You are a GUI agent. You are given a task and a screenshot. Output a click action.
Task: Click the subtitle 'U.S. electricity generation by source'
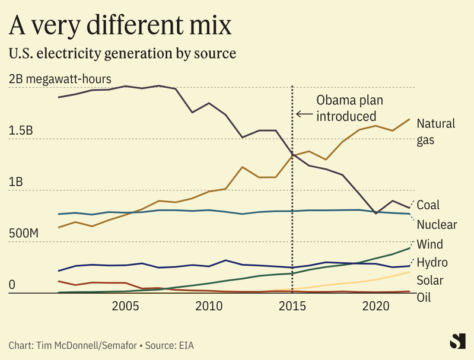pyautogui.click(x=122, y=53)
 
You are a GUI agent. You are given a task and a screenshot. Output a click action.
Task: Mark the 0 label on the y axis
pyautogui.click(x=12, y=285)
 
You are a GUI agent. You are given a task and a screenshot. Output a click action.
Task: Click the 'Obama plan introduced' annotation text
pyautogui.click(x=346, y=107)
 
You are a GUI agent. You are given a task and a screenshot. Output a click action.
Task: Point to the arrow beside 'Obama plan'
pyautogui.click(x=304, y=114)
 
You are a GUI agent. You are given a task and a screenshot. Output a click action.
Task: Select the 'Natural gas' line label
pyautogui.click(x=435, y=132)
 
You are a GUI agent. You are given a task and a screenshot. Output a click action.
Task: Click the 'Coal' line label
pyautogui.click(x=428, y=205)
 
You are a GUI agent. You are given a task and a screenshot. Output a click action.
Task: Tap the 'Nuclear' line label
pyautogui.click(x=437, y=225)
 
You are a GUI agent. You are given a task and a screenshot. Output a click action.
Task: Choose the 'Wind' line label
pyautogui.click(x=430, y=244)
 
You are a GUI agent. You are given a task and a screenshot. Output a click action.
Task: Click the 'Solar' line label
pyautogui.click(x=430, y=280)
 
